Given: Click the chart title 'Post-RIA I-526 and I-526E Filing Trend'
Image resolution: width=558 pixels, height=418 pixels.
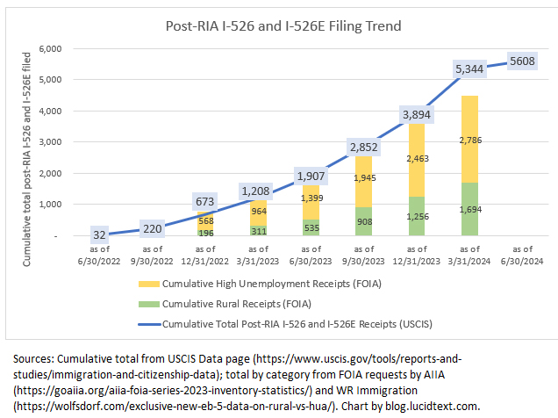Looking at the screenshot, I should [283, 25].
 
